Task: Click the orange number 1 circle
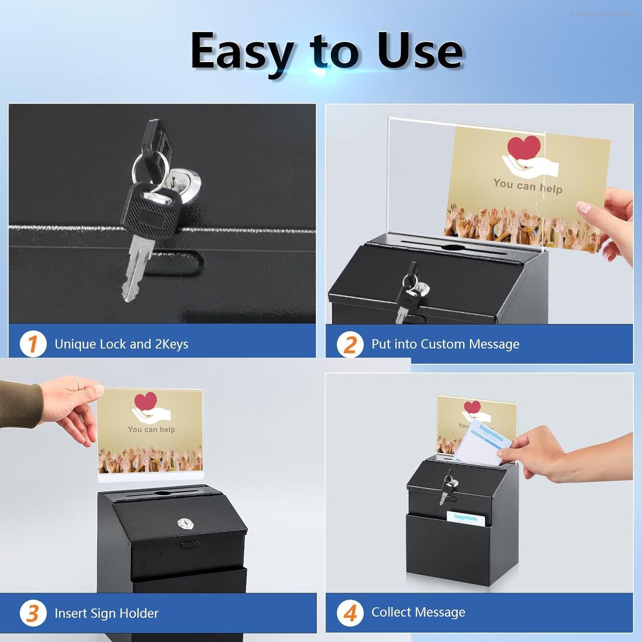[33, 344]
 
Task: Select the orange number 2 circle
[350, 345]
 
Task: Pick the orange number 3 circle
[33, 613]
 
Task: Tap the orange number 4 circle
[350, 612]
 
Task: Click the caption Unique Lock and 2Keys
[121, 344]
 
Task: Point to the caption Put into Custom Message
[445, 344]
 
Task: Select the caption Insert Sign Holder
[107, 613]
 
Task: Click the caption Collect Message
[418, 612]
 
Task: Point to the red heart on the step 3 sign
[146, 401]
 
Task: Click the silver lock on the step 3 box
[183, 523]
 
